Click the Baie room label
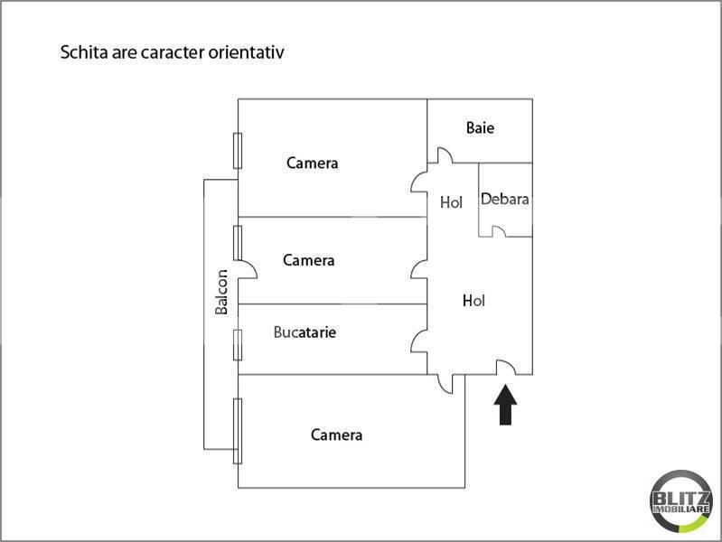pos(480,127)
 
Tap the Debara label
pos(504,199)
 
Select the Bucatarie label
pos(305,332)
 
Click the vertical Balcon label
pos(221,292)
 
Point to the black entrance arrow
pos(506,405)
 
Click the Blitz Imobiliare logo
pos(681,501)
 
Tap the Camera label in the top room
pos(312,163)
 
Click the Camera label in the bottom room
pos(336,435)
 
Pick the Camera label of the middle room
pos(308,260)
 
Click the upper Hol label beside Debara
pos(451,202)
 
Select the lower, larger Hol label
pos(474,301)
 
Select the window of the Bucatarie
pos(238,345)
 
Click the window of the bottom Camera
pos(238,431)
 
